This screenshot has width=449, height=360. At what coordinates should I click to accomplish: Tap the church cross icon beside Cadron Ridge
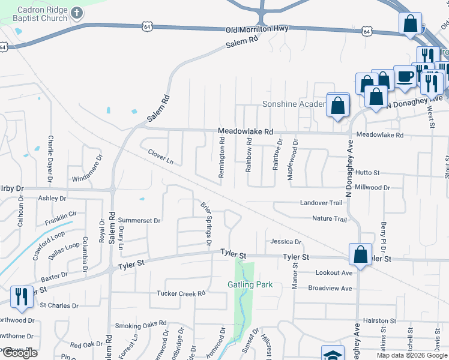pyautogui.click(x=77, y=12)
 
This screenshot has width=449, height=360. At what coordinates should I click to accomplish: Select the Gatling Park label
pyautogui.click(x=250, y=284)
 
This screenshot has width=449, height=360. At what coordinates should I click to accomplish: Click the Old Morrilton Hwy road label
pyautogui.click(x=257, y=29)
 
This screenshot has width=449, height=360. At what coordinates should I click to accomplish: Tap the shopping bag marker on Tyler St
pyautogui.click(x=361, y=254)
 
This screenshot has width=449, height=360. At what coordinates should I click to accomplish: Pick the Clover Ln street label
pyautogui.click(x=160, y=157)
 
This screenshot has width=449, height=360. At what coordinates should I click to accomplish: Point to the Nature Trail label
pyautogui.click(x=329, y=219)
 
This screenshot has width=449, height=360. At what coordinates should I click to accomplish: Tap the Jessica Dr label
pyautogui.click(x=285, y=242)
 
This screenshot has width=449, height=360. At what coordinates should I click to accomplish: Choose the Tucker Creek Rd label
pyautogui.click(x=181, y=293)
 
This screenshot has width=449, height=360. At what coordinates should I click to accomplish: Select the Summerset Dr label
pyautogui.click(x=139, y=220)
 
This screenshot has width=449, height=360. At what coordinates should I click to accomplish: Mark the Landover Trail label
pyautogui.click(x=321, y=203)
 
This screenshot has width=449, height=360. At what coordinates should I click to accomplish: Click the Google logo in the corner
pyautogui.click(x=20, y=353)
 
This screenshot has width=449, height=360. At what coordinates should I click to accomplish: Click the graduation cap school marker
pyautogui.click(x=333, y=354)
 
